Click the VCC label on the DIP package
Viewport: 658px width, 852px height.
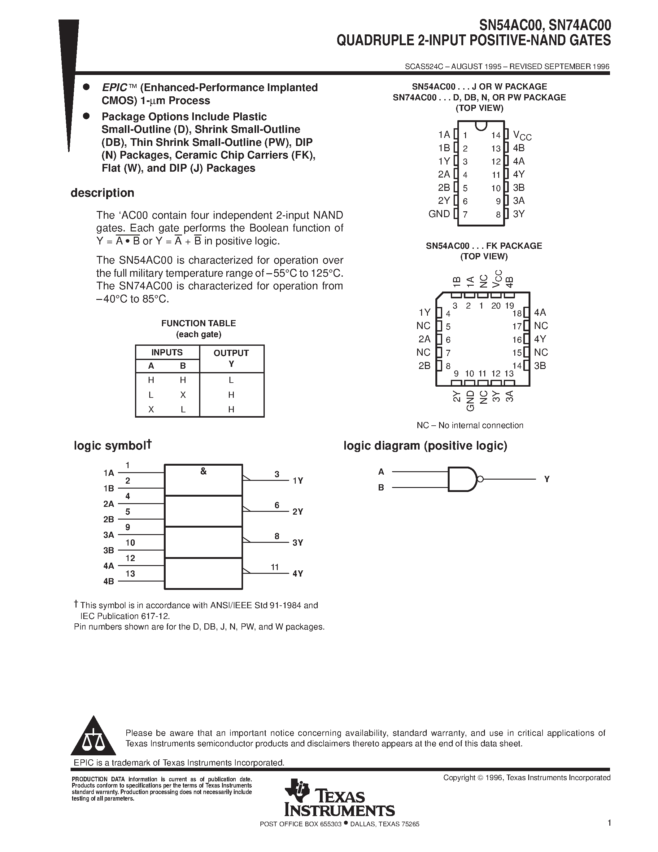point(522,135)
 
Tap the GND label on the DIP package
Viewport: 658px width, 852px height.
point(439,214)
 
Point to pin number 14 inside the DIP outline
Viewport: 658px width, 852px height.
point(495,135)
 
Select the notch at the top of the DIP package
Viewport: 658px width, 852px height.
point(481,125)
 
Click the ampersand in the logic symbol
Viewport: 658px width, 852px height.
point(203,471)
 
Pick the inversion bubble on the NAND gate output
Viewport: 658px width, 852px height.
point(480,479)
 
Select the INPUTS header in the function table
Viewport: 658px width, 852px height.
point(167,352)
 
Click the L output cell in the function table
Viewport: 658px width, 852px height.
point(231,380)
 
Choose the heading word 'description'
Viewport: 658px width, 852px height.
point(102,193)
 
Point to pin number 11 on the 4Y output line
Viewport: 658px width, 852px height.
point(275,567)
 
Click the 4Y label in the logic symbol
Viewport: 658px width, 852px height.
point(298,573)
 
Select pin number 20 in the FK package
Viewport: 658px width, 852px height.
point(495,306)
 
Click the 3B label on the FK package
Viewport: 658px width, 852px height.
point(540,366)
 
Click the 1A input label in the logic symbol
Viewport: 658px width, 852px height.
point(109,473)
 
